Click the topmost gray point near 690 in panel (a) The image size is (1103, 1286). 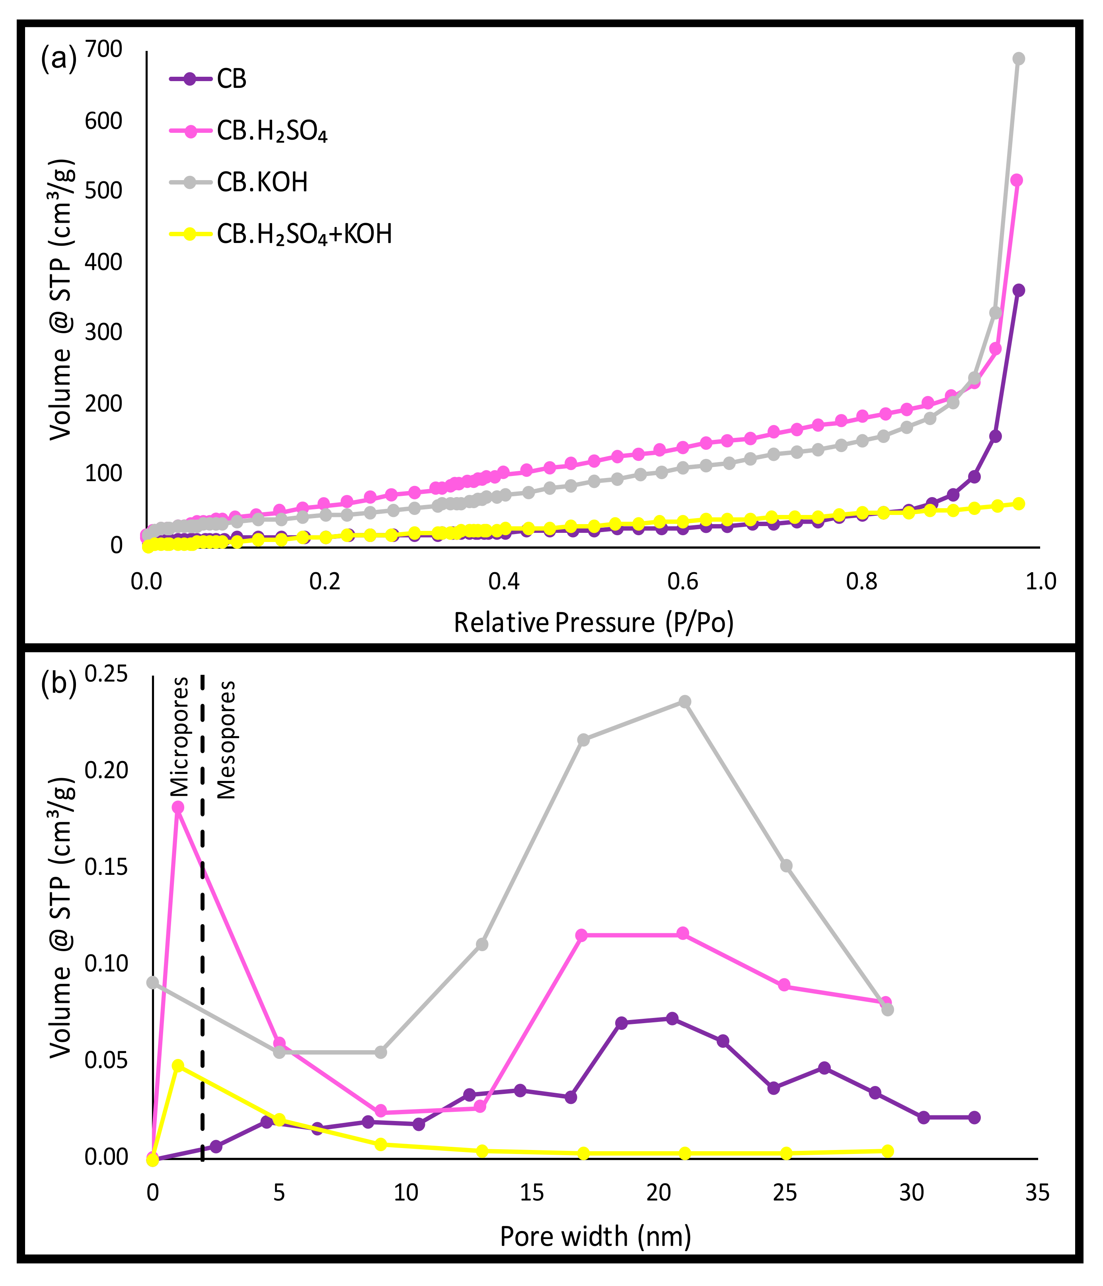pyautogui.click(x=1019, y=59)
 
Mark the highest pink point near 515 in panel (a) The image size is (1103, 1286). pyautogui.click(x=1017, y=181)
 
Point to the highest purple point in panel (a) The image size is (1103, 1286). pyautogui.click(x=1019, y=290)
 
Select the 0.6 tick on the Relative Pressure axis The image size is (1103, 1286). pyautogui.click(x=682, y=582)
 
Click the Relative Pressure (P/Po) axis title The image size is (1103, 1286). pyautogui.click(x=594, y=622)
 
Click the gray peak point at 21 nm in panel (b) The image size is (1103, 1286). pyautogui.click(x=684, y=702)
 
